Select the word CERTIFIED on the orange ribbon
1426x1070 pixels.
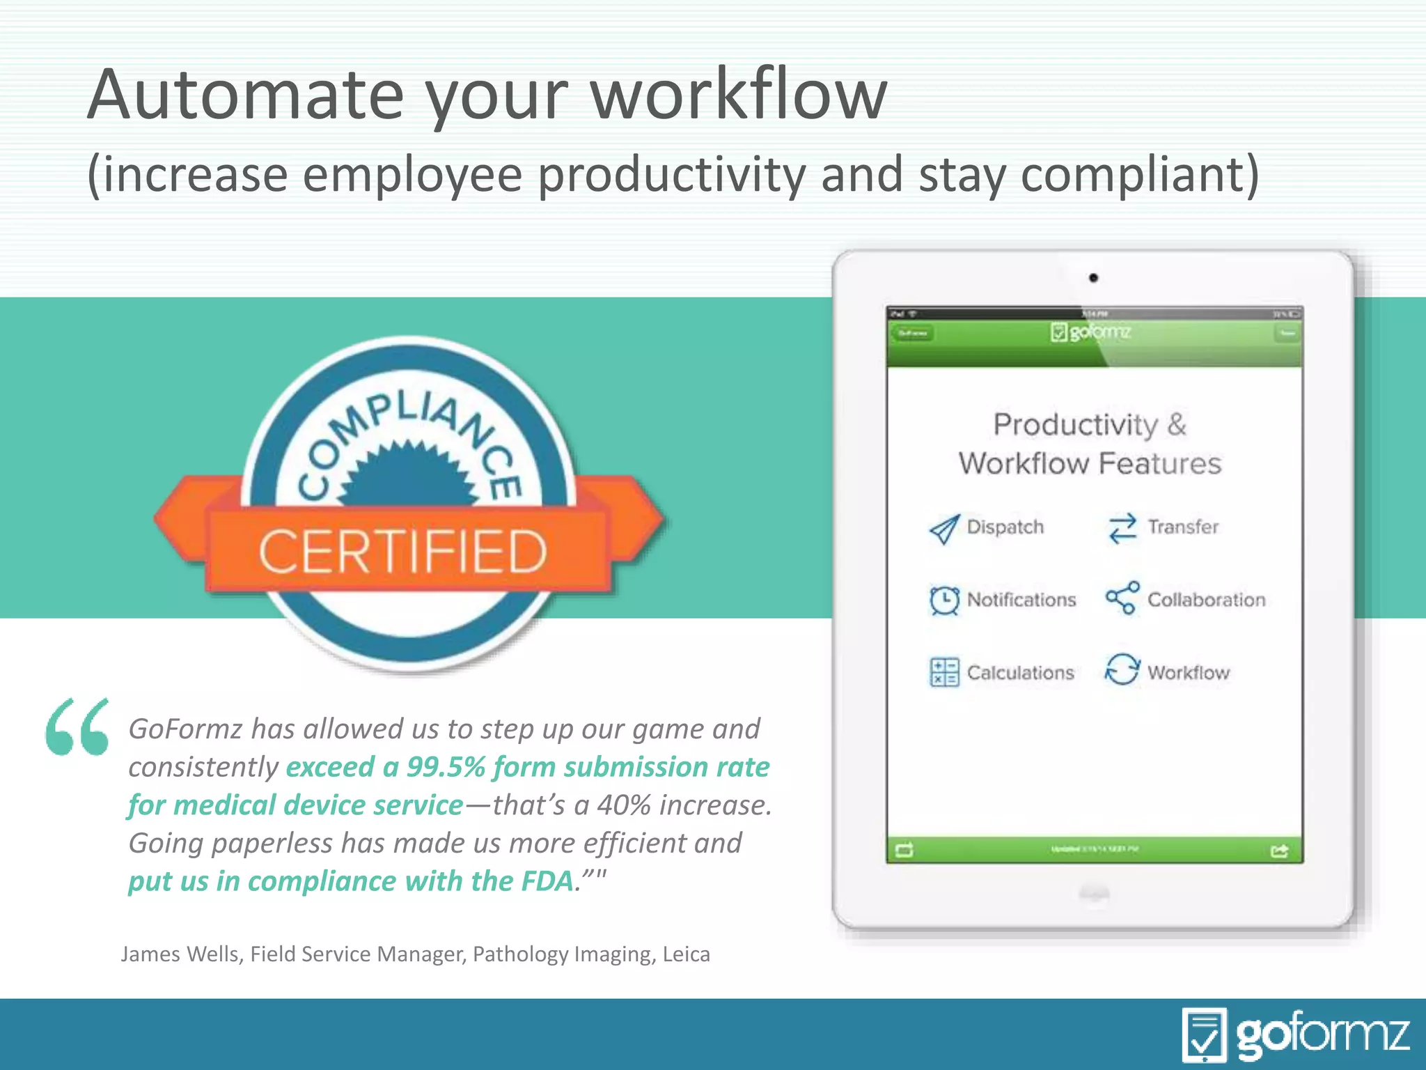[402, 551]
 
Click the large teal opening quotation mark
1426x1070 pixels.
[77, 727]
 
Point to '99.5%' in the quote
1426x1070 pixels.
[446, 767]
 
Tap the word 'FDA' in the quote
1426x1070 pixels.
[547, 881]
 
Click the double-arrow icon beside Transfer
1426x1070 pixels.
[1122, 528]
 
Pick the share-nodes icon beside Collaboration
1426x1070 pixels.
[1122, 598]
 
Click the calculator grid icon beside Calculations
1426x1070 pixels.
[944, 672]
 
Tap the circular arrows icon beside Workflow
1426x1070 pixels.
[1122, 669]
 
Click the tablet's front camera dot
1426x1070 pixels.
[1093, 278]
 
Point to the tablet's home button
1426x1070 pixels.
[1093, 894]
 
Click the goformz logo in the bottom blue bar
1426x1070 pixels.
[1295, 1034]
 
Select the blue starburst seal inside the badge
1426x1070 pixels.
[409, 474]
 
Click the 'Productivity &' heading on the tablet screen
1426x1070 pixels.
[1090, 424]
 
